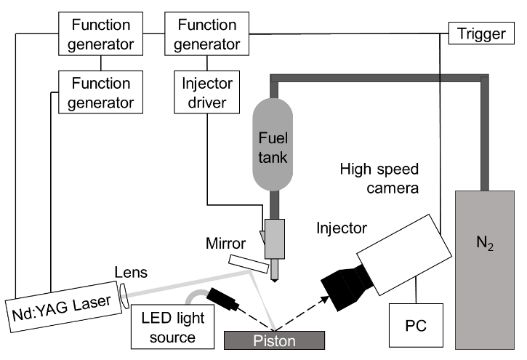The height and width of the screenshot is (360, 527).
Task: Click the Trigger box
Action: (482, 33)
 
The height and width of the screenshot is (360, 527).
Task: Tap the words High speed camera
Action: (379, 178)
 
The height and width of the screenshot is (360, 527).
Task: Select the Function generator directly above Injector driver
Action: (206, 34)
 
